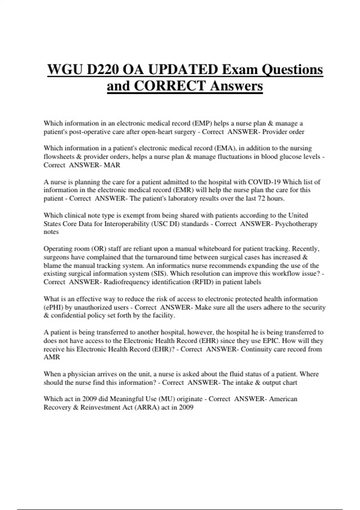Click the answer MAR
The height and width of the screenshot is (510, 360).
112,165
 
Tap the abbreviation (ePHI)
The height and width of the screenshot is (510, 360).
53,307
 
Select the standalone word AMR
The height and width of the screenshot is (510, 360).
52,357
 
